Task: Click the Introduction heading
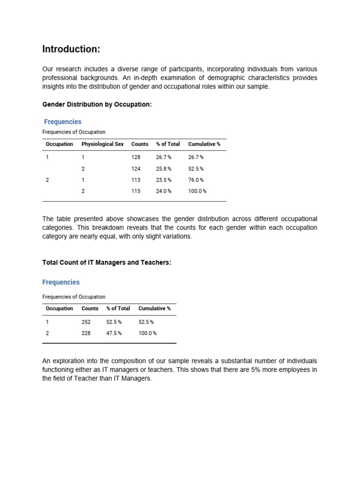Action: (71, 49)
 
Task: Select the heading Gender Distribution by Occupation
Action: (97, 105)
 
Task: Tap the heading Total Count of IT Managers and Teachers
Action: (107, 262)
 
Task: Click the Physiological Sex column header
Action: (103, 144)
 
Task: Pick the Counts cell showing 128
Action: (136, 157)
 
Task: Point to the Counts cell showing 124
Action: (136, 169)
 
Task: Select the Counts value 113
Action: (136, 180)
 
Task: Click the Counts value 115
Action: (136, 191)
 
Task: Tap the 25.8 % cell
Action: (164, 169)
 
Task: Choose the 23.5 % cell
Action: (164, 180)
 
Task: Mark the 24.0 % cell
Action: (164, 191)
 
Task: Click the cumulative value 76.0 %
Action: (196, 180)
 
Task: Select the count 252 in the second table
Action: (86, 322)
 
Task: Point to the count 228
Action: (86, 333)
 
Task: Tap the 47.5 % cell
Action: (114, 333)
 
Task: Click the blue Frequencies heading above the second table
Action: (61, 282)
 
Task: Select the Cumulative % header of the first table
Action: (204, 144)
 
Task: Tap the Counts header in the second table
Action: (90, 308)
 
